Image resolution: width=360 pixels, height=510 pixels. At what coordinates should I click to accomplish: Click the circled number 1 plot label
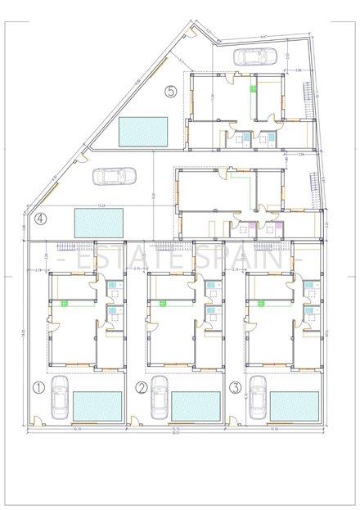pyautogui.click(x=38, y=386)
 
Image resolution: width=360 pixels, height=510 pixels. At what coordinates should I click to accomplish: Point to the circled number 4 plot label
pyautogui.click(x=40, y=219)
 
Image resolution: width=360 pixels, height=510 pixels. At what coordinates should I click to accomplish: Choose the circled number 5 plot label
pyautogui.click(x=170, y=91)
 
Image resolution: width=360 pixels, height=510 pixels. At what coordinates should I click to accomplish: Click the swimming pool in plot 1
pyautogui.click(x=98, y=404)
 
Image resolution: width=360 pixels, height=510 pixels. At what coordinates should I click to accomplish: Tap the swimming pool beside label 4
pyautogui.click(x=98, y=221)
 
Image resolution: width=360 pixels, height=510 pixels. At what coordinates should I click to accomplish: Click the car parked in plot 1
pyautogui.click(x=60, y=398)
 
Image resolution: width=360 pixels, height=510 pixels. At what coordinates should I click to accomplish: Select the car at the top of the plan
pyautogui.click(x=253, y=56)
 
